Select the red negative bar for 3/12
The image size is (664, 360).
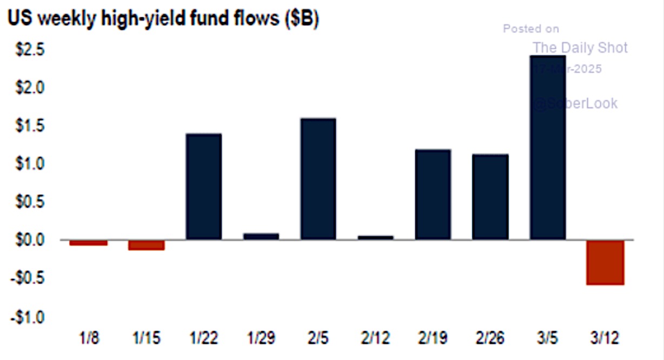click(x=605, y=262)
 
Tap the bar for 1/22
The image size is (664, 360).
click(x=203, y=186)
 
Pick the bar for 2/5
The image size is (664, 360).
click(x=318, y=178)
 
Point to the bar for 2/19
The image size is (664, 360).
click(x=433, y=194)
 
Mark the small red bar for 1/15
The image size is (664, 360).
click(x=146, y=245)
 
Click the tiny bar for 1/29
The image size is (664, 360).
click(x=261, y=236)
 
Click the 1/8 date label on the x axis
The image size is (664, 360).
click(x=89, y=339)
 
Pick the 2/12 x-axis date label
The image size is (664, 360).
click(x=375, y=339)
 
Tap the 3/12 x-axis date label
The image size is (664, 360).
click(x=605, y=339)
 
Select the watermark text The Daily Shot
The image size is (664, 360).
click(x=580, y=48)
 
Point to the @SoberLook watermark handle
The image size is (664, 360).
click(x=575, y=103)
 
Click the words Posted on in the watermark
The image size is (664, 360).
click(x=531, y=29)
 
